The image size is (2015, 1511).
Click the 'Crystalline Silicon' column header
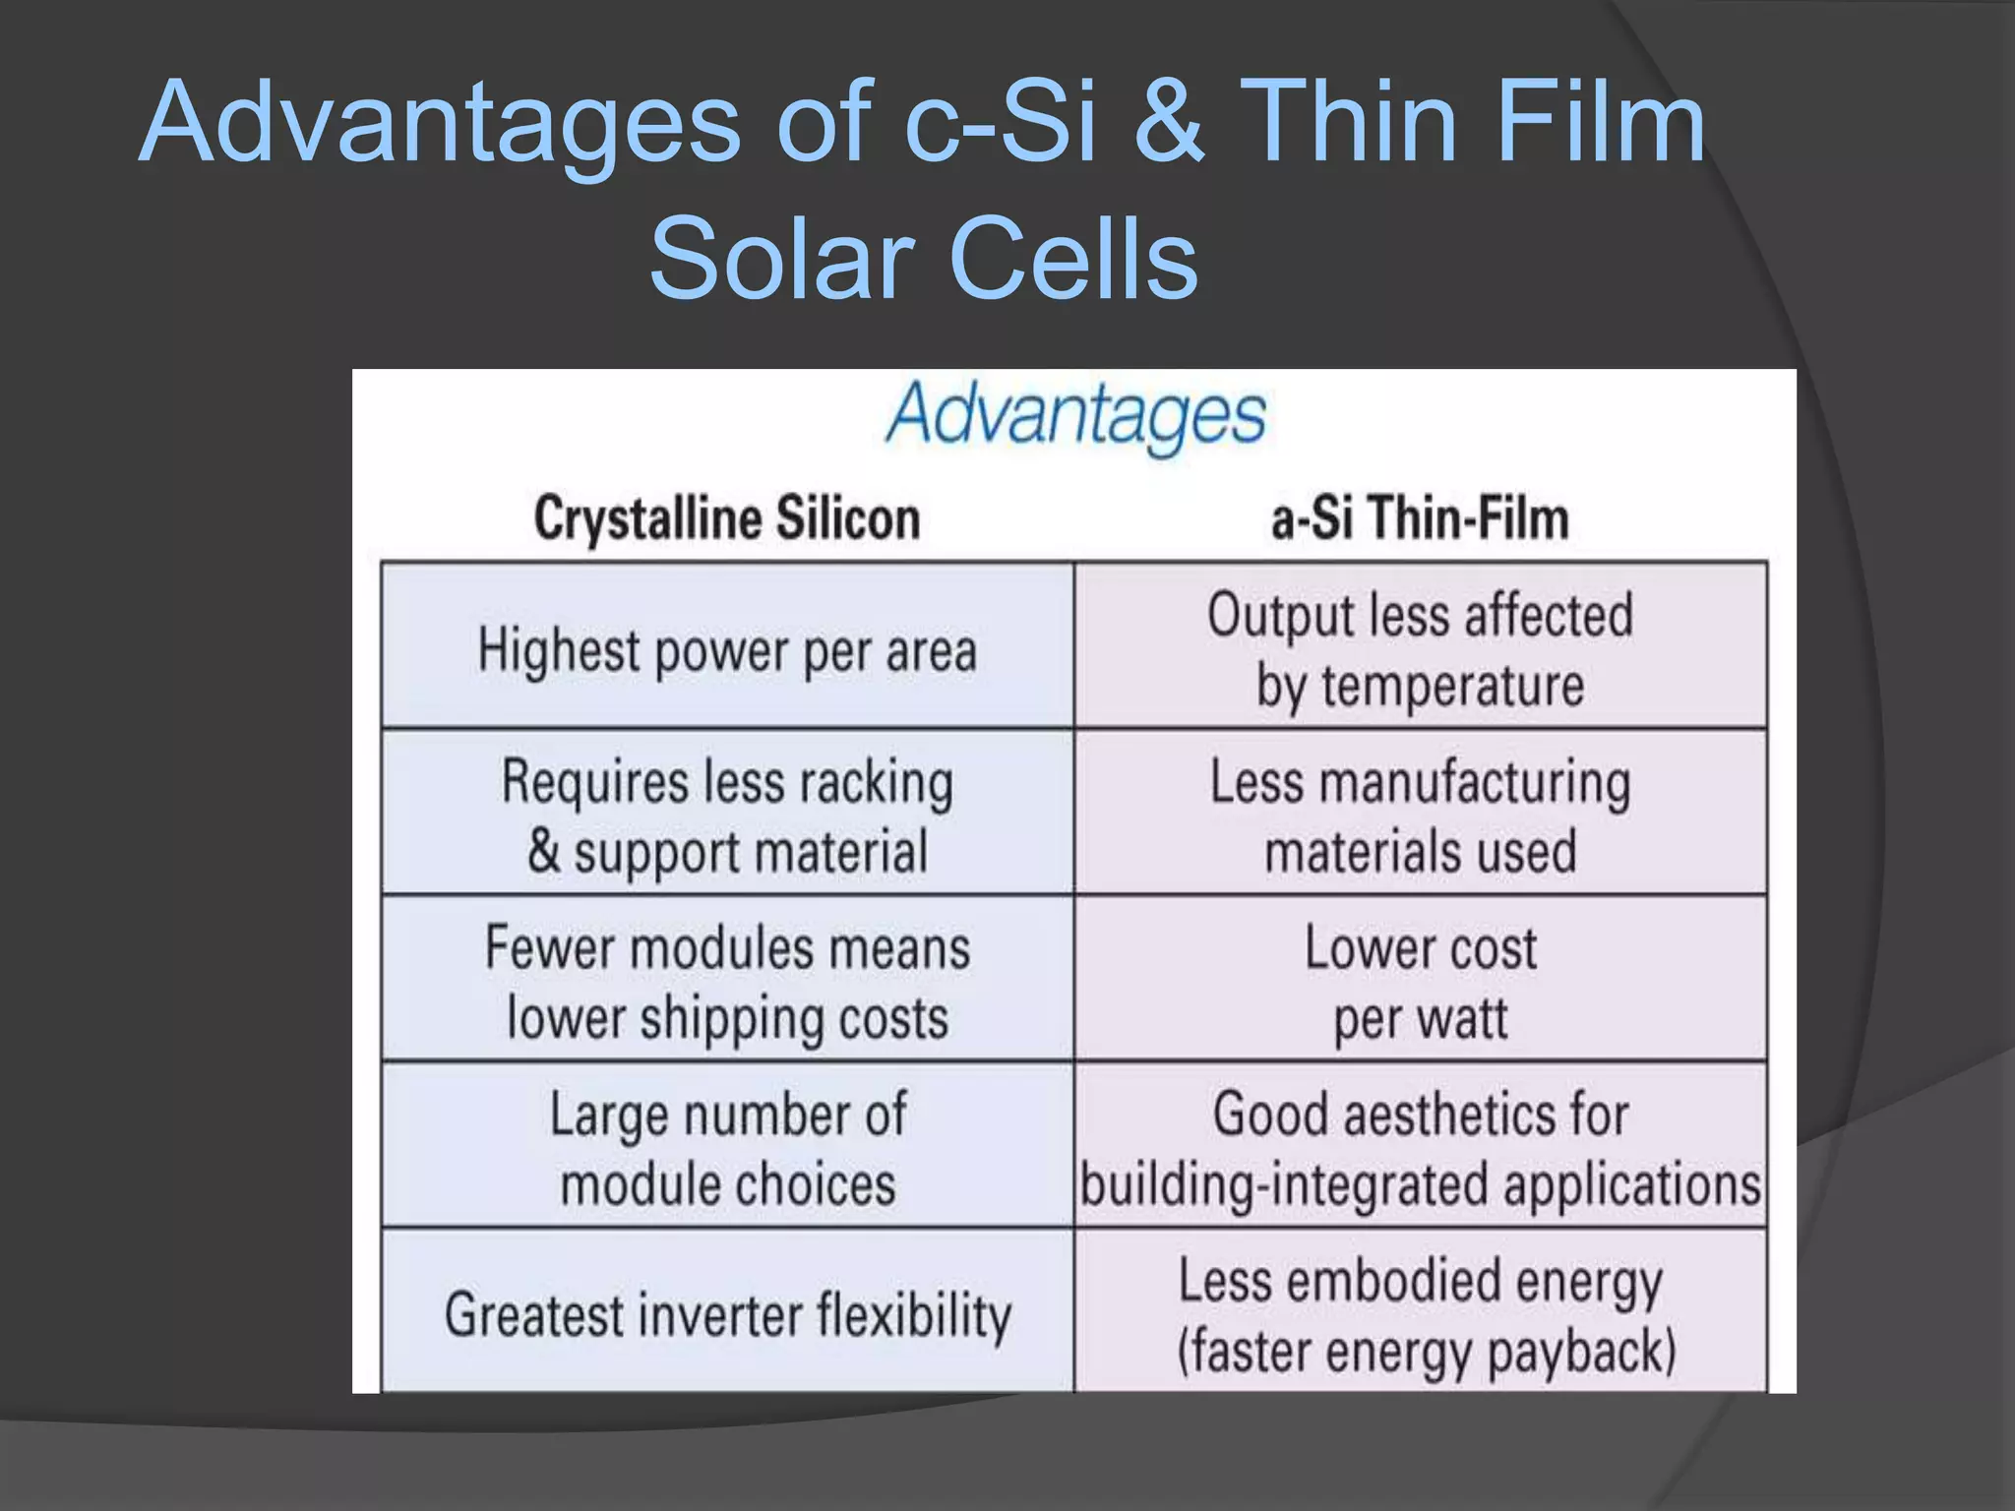(727, 518)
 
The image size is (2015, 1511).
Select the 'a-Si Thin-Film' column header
(1420, 518)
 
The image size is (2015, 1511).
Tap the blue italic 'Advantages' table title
(1075, 414)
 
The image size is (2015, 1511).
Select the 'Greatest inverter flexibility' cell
(727, 1314)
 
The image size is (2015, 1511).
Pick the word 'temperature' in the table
(1452, 686)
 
